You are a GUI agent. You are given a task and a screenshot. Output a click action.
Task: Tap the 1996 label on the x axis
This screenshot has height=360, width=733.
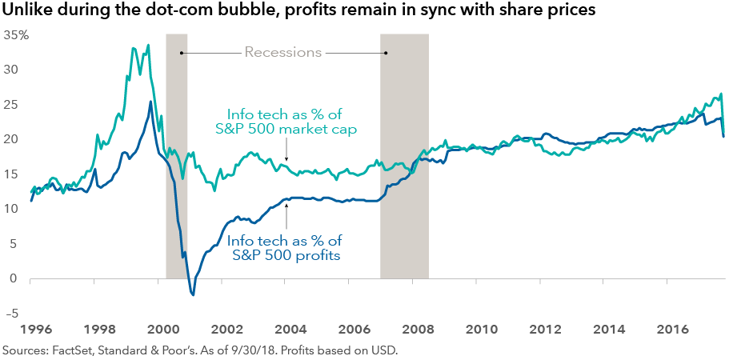click(30, 328)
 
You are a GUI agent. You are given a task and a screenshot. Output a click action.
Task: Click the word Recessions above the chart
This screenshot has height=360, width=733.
click(282, 53)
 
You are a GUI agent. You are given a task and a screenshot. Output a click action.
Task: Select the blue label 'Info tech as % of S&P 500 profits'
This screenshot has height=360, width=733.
click(286, 247)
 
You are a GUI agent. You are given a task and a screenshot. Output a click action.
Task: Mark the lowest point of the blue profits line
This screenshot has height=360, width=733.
click(193, 295)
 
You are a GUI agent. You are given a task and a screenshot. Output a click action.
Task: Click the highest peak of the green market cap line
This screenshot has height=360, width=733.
click(148, 45)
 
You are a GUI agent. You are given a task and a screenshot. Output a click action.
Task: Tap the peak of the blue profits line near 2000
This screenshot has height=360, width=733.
click(150, 102)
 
